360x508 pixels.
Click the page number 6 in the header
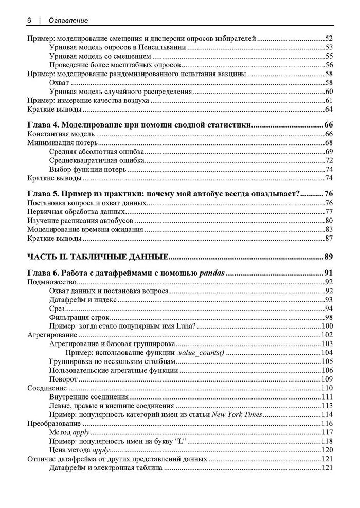point(29,20)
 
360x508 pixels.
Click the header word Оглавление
point(68,20)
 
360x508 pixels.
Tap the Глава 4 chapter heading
point(138,125)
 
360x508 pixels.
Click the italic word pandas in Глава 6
point(212,273)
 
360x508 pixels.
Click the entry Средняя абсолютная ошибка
point(97,152)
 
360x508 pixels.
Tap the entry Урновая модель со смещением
point(100,56)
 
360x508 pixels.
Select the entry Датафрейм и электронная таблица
point(106,468)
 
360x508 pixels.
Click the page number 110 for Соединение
point(327,388)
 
